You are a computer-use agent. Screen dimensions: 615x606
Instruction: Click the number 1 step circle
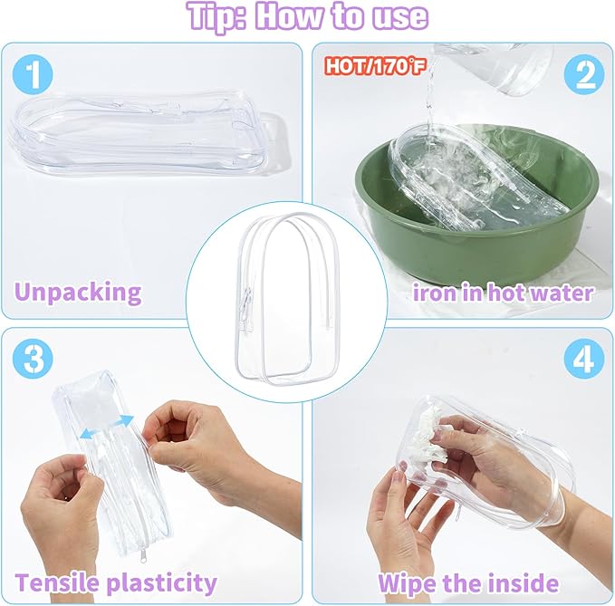33,74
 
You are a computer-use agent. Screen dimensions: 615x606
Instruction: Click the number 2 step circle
584,74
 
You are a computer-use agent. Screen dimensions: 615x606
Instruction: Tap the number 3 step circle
33,358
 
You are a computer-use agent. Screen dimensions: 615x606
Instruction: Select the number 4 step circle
584,358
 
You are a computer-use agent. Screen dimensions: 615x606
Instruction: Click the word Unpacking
78,293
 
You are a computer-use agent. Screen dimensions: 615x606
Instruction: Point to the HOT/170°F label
375,66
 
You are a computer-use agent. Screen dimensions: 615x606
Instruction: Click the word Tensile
58,582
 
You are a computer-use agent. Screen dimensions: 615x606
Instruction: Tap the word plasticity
162,583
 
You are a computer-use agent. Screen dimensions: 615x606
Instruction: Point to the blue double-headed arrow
106,427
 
